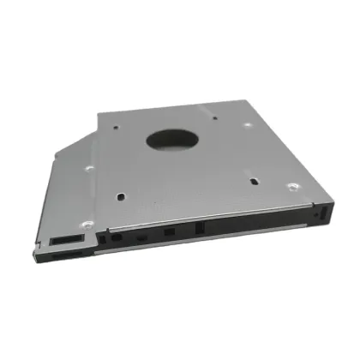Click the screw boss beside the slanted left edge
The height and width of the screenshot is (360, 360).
[x=87, y=168]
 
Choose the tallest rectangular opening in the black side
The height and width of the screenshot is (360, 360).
[x=199, y=231]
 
